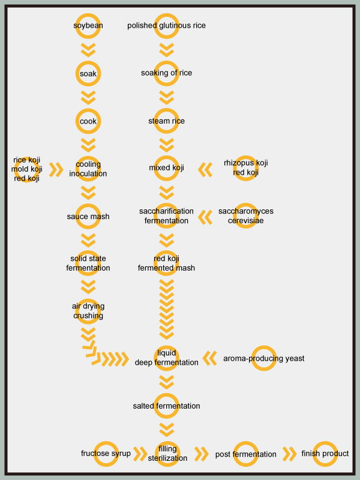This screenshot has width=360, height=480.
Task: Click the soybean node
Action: tap(88, 25)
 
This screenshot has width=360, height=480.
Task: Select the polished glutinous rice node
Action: tap(167, 25)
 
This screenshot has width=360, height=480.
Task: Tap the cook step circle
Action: tap(88, 121)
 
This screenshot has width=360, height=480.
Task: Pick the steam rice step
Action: tap(167, 121)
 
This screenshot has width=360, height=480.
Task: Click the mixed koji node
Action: tap(167, 168)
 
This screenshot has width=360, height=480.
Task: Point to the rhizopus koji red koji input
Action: tap(246, 168)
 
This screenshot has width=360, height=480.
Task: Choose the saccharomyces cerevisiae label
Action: tap(246, 215)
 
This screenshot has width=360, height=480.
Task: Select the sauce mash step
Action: tap(88, 217)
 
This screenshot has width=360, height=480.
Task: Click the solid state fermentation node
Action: tap(88, 263)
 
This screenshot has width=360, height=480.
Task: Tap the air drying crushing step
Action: tap(88, 311)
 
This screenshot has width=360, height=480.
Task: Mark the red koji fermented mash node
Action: tap(167, 263)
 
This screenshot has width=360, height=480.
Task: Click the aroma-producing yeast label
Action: tap(264, 358)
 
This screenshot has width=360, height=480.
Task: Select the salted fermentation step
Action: tap(167, 406)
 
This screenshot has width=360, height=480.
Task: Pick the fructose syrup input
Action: tap(106, 454)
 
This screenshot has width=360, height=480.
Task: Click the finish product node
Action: tap(325, 454)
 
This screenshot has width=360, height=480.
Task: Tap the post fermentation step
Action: tap(246, 454)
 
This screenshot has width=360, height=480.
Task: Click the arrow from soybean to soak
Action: tap(88, 50)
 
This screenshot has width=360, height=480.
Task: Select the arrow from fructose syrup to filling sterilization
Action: tap(140, 454)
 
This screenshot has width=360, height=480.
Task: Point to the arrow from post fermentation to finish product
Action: tap(289, 454)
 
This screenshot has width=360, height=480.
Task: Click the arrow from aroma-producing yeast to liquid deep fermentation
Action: tap(209, 358)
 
